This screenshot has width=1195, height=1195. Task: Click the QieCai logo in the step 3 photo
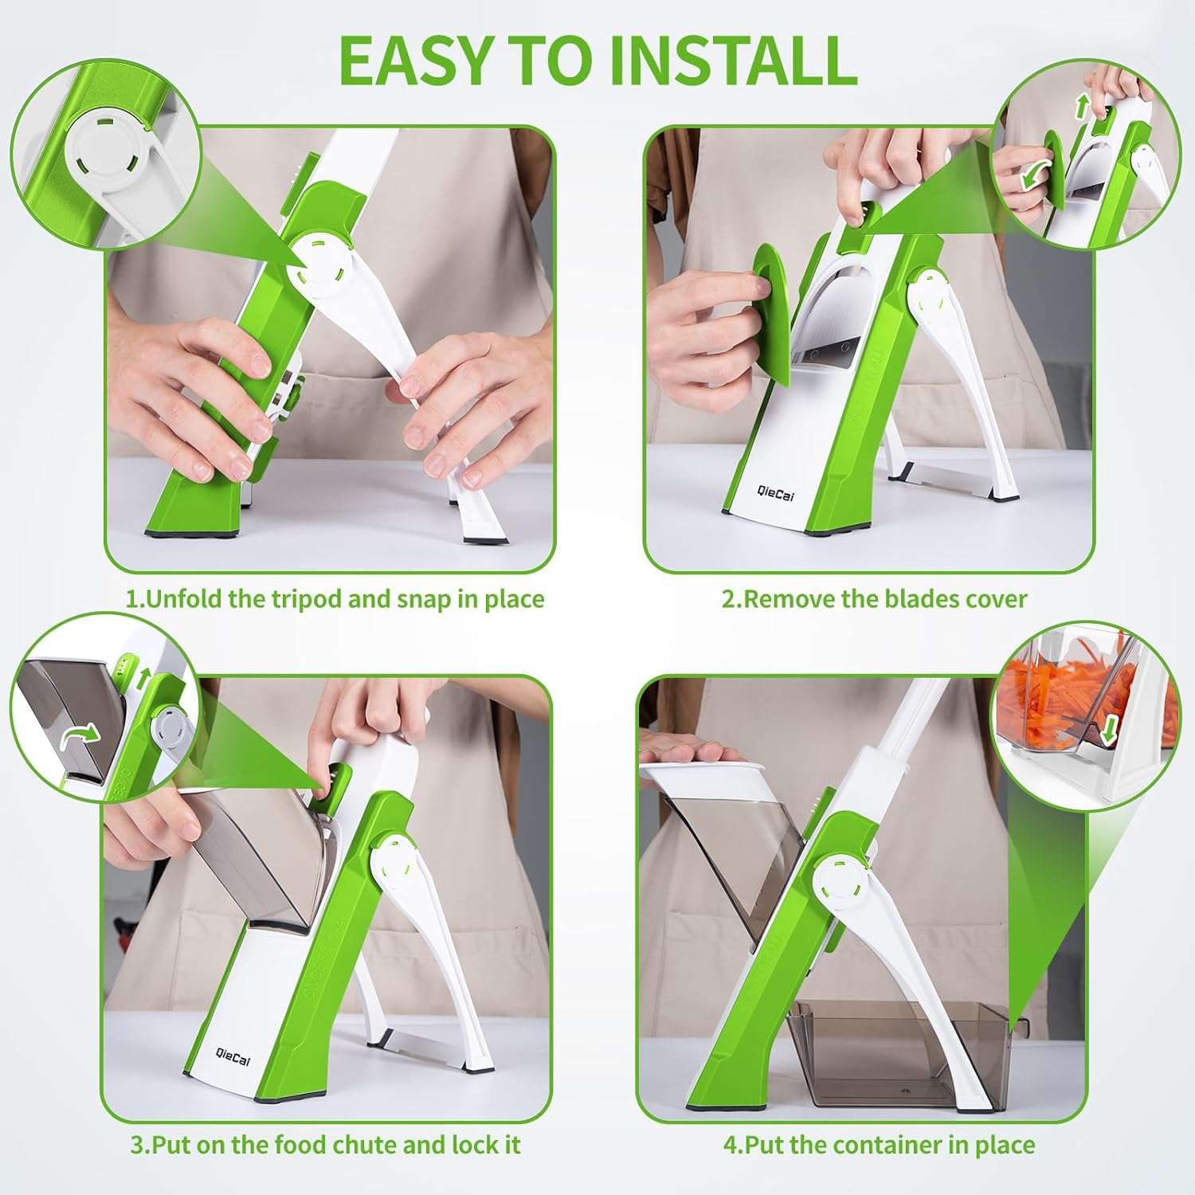pos(233,1056)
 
